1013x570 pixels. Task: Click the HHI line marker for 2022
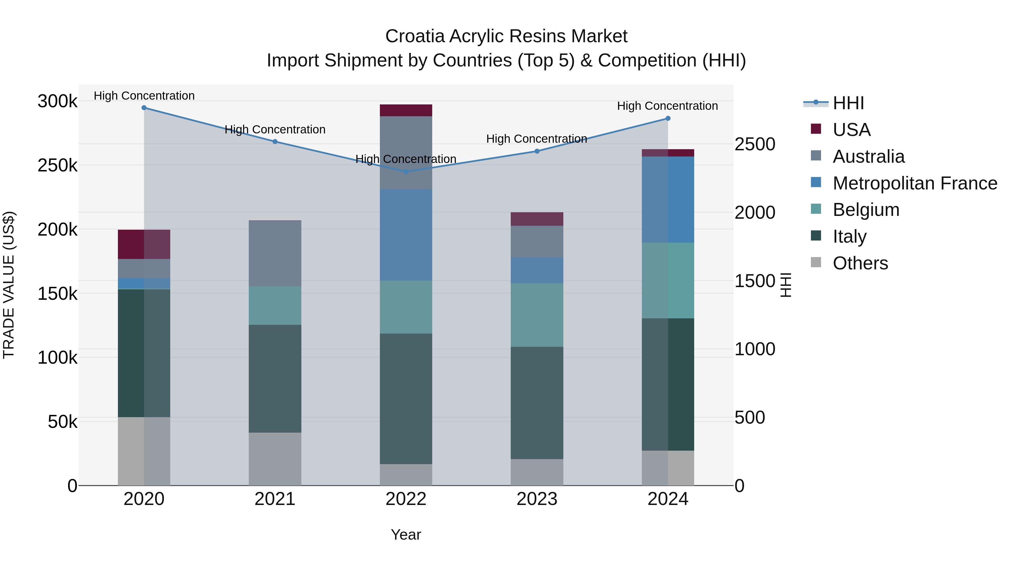(x=406, y=171)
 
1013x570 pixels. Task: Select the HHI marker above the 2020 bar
(x=144, y=108)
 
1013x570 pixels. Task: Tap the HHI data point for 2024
(x=668, y=119)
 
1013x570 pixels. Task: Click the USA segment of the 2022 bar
(x=406, y=111)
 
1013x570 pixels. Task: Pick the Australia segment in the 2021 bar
(x=275, y=253)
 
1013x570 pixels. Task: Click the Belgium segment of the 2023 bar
(x=537, y=315)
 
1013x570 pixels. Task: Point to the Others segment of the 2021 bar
(x=275, y=459)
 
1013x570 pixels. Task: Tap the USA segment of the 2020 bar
(x=144, y=244)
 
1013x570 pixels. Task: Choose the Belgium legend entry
(x=866, y=210)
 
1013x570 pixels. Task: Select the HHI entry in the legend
(x=848, y=103)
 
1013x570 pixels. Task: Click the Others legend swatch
(x=816, y=262)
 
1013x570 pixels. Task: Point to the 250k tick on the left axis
(x=57, y=166)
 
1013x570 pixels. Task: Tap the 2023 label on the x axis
(x=537, y=499)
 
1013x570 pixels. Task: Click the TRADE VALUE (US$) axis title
(x=9, y=285)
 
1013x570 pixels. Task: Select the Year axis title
(x=406, y=535)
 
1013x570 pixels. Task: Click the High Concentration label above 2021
(x=275, y=129)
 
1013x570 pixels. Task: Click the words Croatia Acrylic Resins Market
(x=506, y=36)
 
